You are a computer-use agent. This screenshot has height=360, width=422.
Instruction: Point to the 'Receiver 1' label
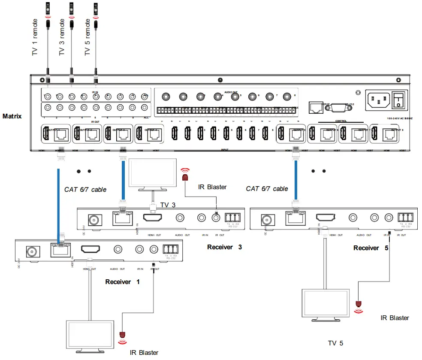click(x=123, y=282)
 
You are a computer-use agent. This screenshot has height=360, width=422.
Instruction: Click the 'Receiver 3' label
click(x=225, y=247)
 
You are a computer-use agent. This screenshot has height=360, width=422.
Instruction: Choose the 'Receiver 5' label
click(x=371, y=248)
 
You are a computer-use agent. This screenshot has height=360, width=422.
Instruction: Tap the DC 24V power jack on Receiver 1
click(x=33, y=251)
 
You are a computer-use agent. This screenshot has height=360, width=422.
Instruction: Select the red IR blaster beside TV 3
click(x=185, y=176)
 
